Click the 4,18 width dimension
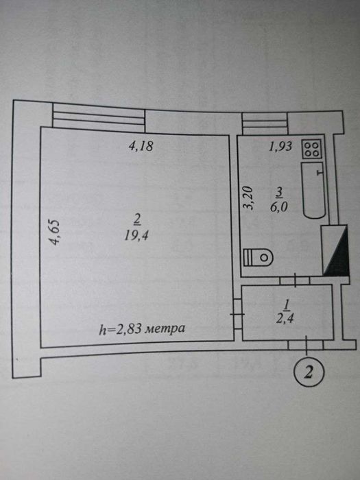coord(141,146)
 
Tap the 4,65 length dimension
coord(55,232)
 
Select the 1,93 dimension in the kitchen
coord(280,147)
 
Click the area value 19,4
coord(136,236)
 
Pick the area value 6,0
coord(279,207)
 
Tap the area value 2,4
coord(285,319)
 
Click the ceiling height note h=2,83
coord(120,329)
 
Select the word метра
coord(165,328)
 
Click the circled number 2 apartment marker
coord(309,372)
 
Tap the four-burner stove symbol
coord(312,149)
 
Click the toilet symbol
coord(257,257)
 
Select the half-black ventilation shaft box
coord(335,250)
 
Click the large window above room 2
coord(99,117)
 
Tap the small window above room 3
coord(265,123)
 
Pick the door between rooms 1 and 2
coord(238,314)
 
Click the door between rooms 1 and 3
coord(295,280)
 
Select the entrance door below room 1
coord(306,345)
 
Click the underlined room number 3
coord(279,193)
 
